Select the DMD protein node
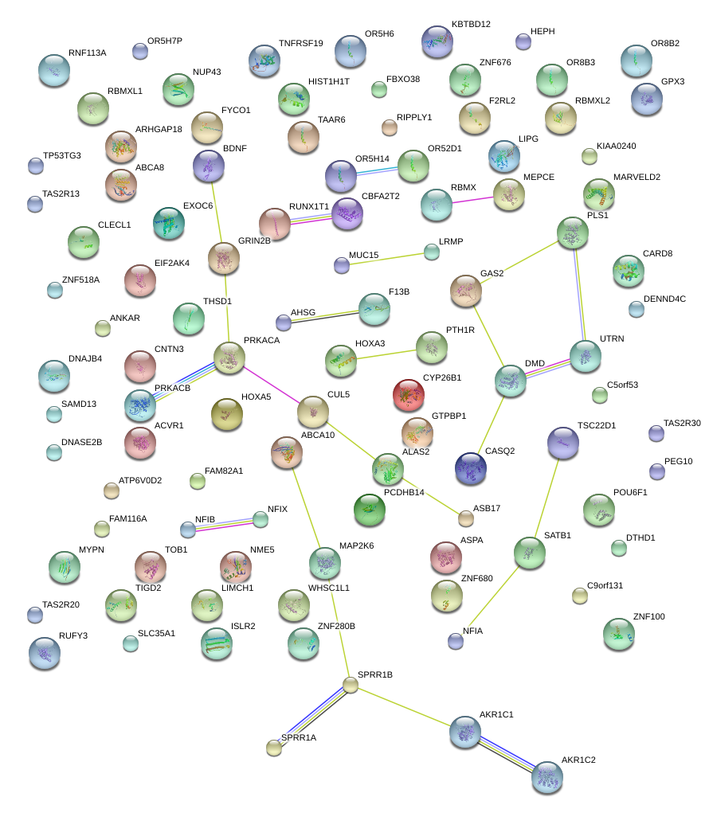(x=511, y=381)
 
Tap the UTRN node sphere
(x=586, y=355)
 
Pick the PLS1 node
(x=573, y=233)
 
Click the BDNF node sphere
(x=209, y=166)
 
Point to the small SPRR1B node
(x=351, y=684)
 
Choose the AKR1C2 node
(x=547, y=776)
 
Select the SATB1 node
(x=529, y=552)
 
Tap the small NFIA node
(x=455, y=639)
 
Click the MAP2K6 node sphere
(x=324, y=563)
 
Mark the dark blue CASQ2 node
(x=471, y=468)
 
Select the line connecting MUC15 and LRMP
(x=386, y=258)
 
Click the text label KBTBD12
(x=471, y=25)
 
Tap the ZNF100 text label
(x=648, y=616)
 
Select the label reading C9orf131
(x=605, y=585)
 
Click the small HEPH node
(x=523, y=41)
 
